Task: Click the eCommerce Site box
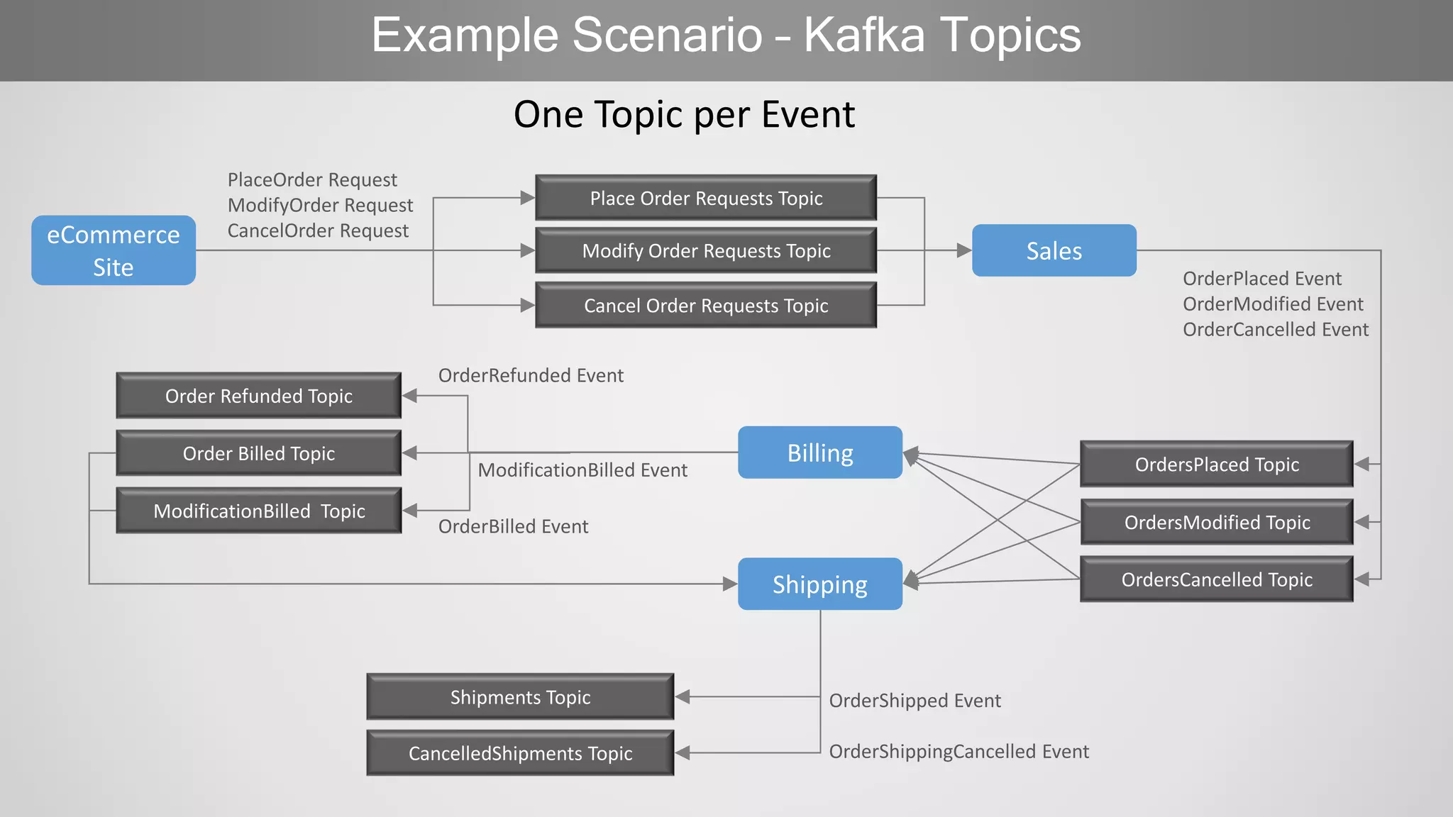pos(114,250)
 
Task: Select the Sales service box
pos(1054,250)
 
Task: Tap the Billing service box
pos(820,452)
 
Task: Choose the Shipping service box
pos(820,584)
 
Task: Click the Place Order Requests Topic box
pos(706,198)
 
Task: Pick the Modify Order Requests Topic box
pos(706,250)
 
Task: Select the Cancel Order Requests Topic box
pos(706,306)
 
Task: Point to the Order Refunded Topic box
pos(259,396)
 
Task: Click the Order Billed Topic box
pos(259,453)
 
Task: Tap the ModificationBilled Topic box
pos(259,511)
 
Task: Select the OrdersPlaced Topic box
pos(1217,465)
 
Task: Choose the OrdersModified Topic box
pos(1217,522)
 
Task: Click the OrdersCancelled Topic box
pos(1217,579)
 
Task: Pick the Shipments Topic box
pos(520,697)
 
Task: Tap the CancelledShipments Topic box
pos(520,753)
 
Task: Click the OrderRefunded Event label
pos(531,375)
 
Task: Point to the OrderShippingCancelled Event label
pos(958,751)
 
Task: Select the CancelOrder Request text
pos(318,230)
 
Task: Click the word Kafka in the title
pos(864,35)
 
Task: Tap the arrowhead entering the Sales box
pos(963,250)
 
